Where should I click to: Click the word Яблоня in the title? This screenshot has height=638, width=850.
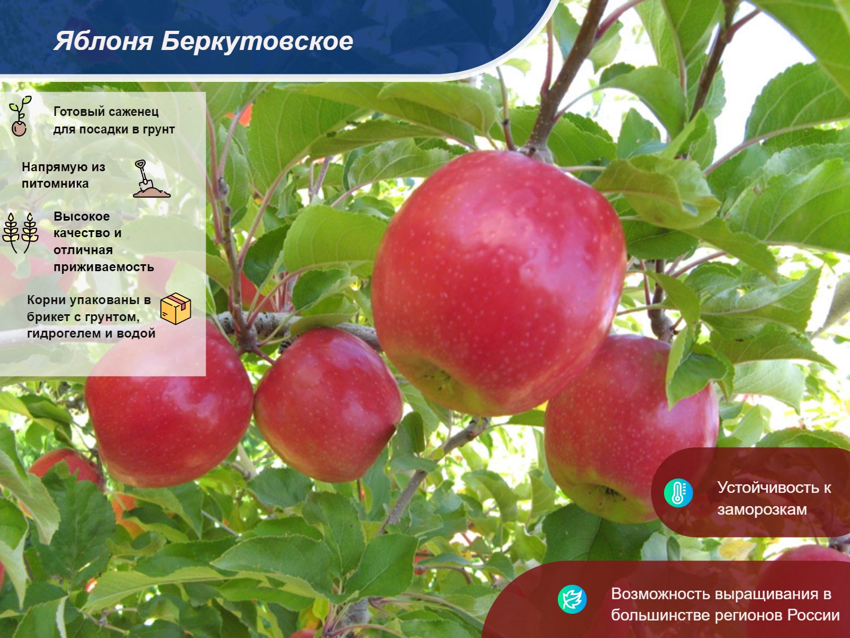coord(104,41)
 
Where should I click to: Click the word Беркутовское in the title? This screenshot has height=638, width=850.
coord(257,41)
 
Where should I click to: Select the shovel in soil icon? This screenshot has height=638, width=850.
coord(151,179)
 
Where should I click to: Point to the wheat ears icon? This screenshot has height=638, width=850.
coord(20,233)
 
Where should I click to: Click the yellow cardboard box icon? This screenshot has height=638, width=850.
coord(176,308)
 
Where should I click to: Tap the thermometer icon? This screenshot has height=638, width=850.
coord(678,493)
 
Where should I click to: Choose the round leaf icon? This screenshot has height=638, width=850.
coord(572,599)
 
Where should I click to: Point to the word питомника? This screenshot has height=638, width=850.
coord(55,183)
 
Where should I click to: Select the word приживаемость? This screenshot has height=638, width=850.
coord(104,267)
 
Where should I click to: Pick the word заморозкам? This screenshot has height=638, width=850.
coord(762,509)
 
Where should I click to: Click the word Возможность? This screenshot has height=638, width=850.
coord(660,594)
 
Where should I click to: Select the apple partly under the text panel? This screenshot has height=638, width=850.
coord(169,405)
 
